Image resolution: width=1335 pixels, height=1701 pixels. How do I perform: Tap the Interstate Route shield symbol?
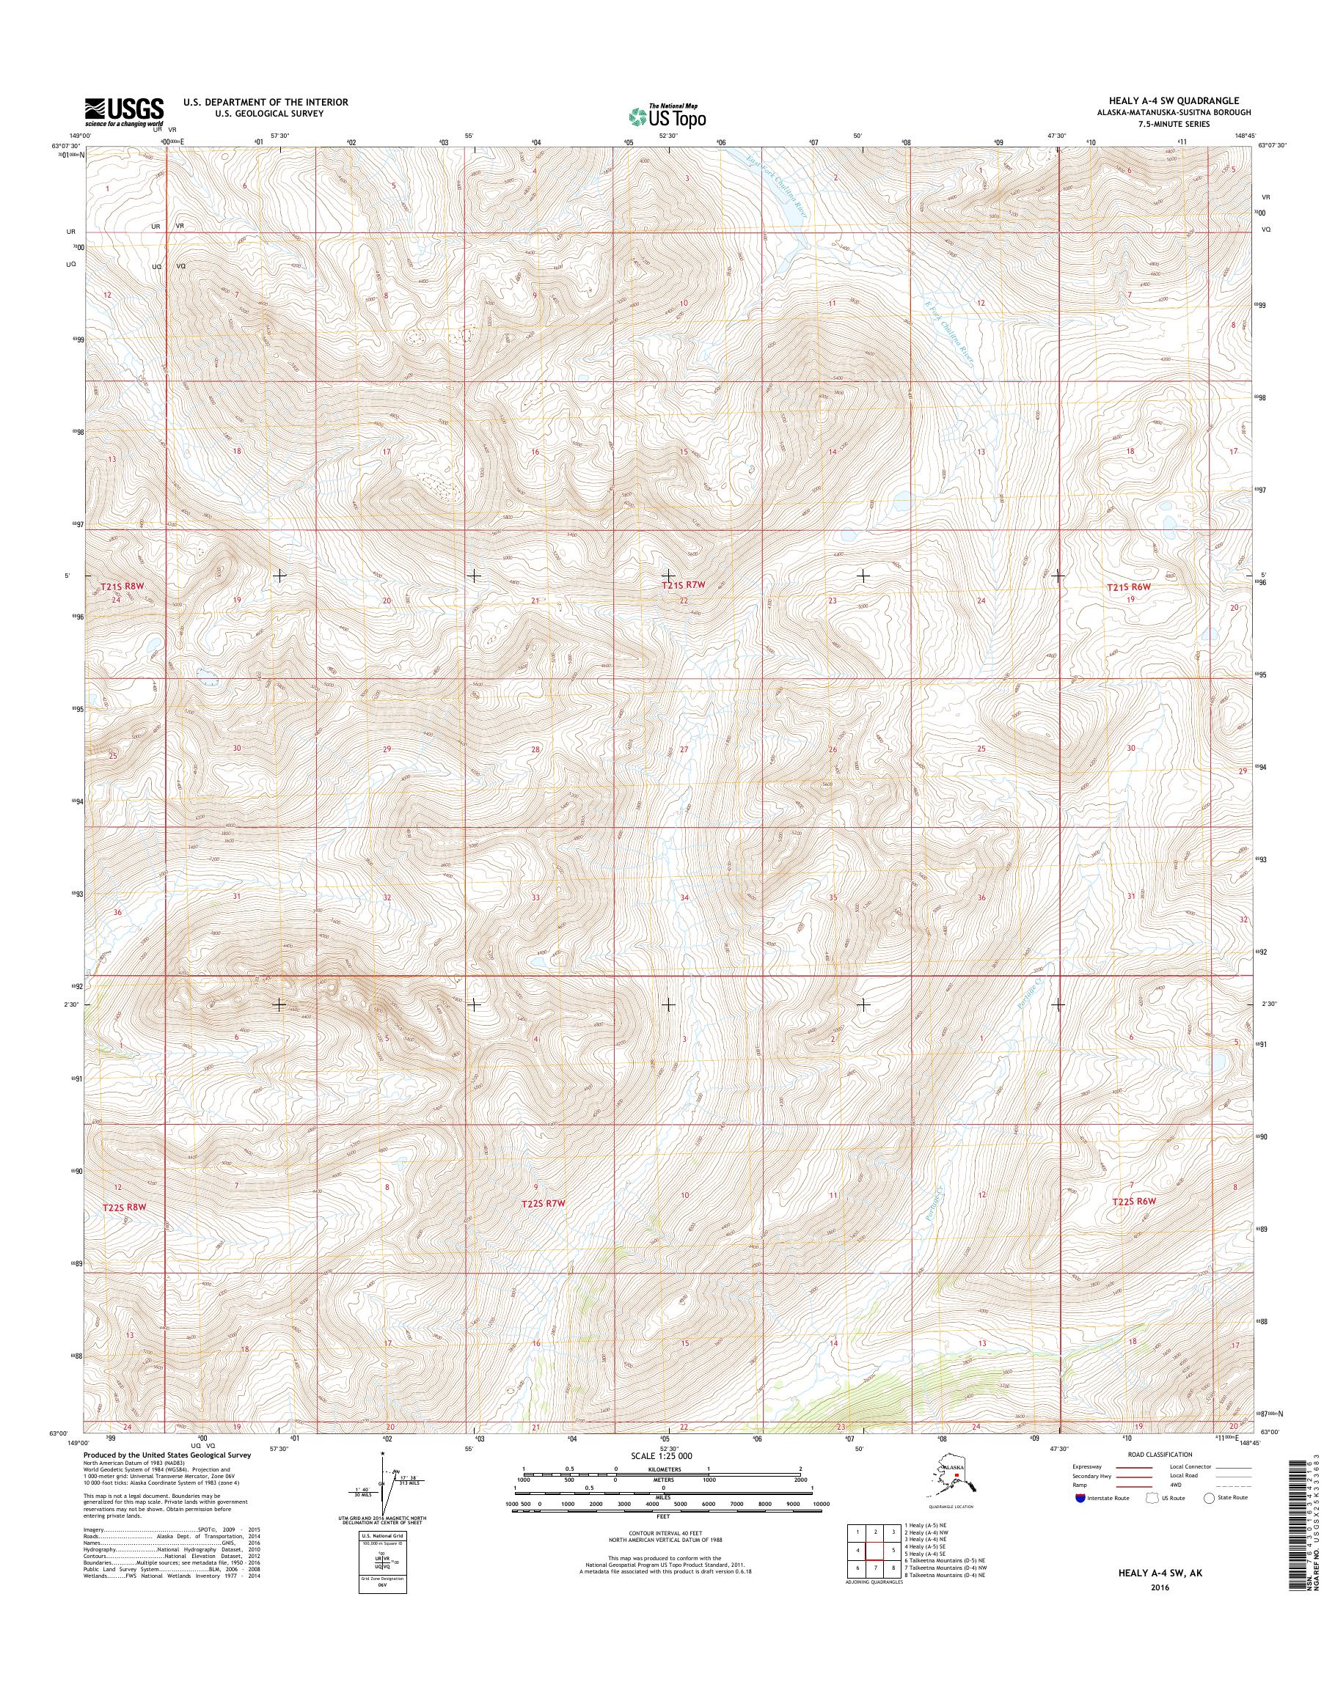pyautogui.click(x=1080, y=1498)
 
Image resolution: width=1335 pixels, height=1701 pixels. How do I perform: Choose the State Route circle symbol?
pyautogui.click(x=1209, y=1498)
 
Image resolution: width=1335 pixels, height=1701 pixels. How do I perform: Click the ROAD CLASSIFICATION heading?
pyautogui.click(x=1160, y=1455)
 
